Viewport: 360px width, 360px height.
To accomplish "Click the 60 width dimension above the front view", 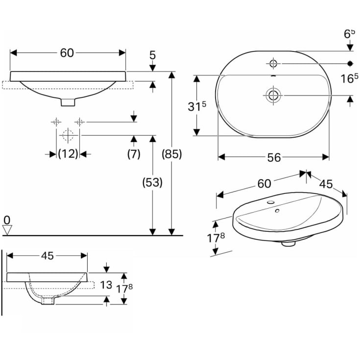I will [x=67, y=53].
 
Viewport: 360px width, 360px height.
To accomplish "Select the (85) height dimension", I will [x=172, y=154].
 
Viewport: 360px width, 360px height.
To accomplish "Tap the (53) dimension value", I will [x=152, y=183].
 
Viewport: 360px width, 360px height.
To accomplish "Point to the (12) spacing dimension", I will [x=68, y=154].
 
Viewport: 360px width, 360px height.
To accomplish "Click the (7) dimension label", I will [x=134, y=154].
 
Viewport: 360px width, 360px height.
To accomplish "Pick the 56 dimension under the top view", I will [x=274, y=157].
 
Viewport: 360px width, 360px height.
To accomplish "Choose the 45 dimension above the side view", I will [x=48, y=256].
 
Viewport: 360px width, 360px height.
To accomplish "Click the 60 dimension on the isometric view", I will [x=264, y=183].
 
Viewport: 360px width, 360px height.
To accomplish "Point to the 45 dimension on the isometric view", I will [x=326, y=184].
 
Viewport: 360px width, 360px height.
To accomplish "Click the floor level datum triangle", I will [x=7, y=230].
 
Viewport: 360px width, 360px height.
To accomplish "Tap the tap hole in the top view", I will [x=273, y=63].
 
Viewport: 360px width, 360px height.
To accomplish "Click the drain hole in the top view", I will [x=273, y=95].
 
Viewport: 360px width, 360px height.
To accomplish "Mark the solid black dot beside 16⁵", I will [x=350, y=63].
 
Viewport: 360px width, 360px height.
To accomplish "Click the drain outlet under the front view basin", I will [x=68, y=102].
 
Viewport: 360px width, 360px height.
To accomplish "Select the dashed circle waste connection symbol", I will [x=68, y=135].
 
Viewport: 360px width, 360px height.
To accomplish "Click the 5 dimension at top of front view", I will [x=153, y=55].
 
